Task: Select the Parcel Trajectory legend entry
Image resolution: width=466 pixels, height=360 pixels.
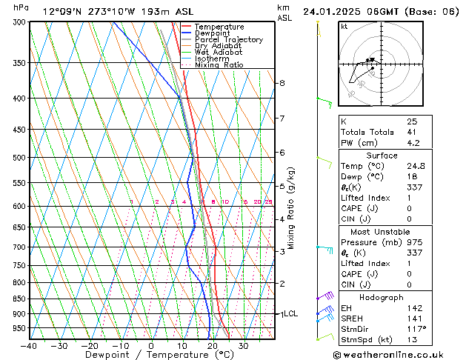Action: tap(228, 40)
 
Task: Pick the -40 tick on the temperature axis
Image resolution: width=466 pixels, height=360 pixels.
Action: tap(30, 346)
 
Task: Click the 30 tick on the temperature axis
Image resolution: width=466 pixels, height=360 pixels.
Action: tap(244, 346)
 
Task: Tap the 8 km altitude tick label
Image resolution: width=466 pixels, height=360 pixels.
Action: tap(282, 83)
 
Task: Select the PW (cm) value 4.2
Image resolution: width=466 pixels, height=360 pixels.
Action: tap(413, 144)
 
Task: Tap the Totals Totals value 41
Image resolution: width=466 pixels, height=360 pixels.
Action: tap(412, 133)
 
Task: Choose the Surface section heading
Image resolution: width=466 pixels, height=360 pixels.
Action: tap(382, 156)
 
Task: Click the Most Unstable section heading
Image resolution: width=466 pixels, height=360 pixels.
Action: tap(382, 231)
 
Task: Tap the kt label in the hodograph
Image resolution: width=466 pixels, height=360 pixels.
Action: tap(344, 27)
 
